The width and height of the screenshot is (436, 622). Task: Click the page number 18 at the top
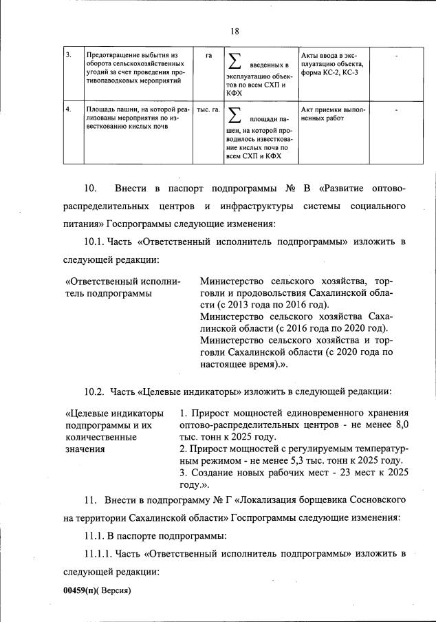pyautogui.click(x=234, y=30)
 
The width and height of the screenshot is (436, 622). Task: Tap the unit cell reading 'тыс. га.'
pyautogui.click(x=208, y=109)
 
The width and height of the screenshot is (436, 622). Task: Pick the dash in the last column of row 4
pyautogui.click(x=397, y=109)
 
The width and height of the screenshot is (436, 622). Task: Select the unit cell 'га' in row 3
pyautogui.click(x=208, y=55)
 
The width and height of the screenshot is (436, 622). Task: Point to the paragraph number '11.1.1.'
pyautogui.click(x=99, y=553)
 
